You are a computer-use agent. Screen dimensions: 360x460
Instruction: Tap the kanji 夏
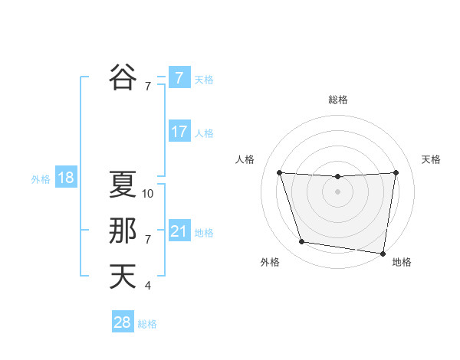coord(123,184)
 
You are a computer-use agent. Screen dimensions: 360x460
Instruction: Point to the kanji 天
coord(123,276)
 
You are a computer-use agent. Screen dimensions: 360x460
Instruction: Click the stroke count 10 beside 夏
coord(148,194)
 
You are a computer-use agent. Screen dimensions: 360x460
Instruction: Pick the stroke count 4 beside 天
coord(148,286)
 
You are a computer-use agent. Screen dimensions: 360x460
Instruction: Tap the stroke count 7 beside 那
coord(148,240)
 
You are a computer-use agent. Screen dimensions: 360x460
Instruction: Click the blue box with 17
coord(179,132)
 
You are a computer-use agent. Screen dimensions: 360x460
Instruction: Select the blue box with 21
coord(179,231)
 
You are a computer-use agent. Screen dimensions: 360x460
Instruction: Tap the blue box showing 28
coord(123,322)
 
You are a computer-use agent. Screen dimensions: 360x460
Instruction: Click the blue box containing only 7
coord(179,78)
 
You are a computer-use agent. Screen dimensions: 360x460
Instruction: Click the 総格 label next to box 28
coord(147,324)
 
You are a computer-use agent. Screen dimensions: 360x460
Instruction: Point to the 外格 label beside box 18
coord(41,179)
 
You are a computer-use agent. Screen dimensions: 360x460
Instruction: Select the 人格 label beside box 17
coord(204,133)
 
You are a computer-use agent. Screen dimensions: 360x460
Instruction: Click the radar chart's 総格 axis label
coord(337,100)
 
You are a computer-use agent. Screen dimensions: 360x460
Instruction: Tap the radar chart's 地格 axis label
coord(402,262)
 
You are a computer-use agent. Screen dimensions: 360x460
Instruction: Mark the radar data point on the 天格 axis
coord(396,172)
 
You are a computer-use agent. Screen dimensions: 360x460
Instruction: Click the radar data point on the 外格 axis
coord(302,242)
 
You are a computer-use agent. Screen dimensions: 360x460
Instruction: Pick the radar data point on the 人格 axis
coord(279,172)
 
